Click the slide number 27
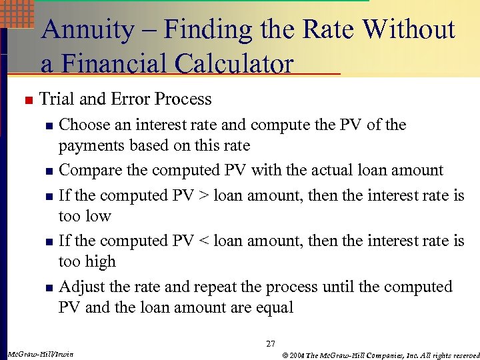[x=270, y=344]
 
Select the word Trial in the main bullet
[x=58, y=99]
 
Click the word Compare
[x=91, y=171]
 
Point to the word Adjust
[x=79, y=287]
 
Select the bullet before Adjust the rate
[x=48, y=288]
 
